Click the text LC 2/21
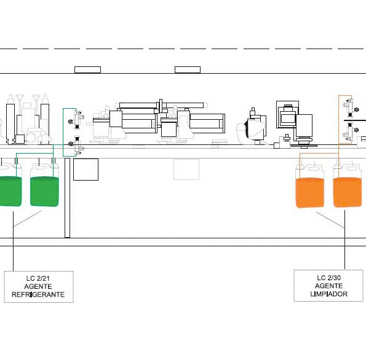(38, 278)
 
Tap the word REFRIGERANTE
(38, 294)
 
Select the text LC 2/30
(328, 278)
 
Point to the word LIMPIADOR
(328, 294)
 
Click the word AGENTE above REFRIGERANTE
(38, 286)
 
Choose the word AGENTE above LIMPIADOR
(328, 286)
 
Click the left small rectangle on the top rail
(87, 69)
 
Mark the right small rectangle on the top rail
(188, 69)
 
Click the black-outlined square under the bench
(86, 170)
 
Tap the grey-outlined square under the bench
(186, 170)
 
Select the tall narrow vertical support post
(67, 198)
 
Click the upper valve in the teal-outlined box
(76, 119)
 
